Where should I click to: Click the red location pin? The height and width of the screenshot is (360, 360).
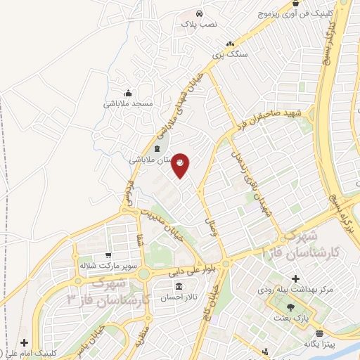pyautogui.click(x=181, y=165)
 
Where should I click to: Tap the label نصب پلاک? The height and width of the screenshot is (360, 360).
pyautogui.click(x=200, y=24)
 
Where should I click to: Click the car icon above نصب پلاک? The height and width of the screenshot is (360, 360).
pyautogui.click(x=200, y=13)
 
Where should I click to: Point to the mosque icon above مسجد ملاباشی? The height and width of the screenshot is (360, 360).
pyautogui.click(x=128, y=93)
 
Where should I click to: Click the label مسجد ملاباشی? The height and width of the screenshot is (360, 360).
pyautogui.click(x=128, y=103)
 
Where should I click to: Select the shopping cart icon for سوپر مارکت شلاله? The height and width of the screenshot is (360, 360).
pyautogui.click(x=107, y=256)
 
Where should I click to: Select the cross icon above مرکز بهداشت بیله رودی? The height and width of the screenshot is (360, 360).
pyautogui.click(x=295, y=278)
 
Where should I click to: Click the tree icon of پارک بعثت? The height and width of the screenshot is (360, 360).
pyautogui.click(x=290, y=307)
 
